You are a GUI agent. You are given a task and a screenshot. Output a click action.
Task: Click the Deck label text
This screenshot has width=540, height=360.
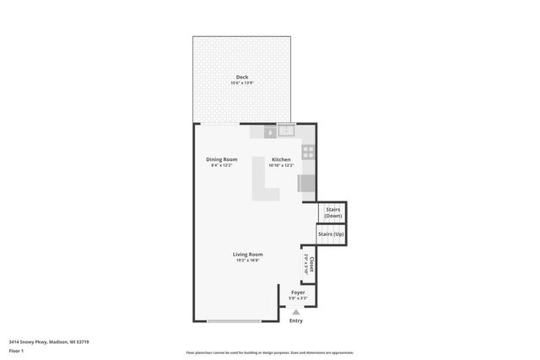click(x=242, y=77)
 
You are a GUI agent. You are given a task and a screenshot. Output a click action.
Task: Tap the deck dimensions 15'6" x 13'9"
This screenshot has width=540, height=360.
click(x=242, y=83)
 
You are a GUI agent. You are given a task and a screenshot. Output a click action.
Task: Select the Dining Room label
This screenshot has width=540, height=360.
click(x=221, y=159)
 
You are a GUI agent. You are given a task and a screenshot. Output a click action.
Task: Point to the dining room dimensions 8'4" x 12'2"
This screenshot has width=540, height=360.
click(x=221, y=165)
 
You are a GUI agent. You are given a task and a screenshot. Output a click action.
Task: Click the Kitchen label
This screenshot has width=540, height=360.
click(x=281, y=159)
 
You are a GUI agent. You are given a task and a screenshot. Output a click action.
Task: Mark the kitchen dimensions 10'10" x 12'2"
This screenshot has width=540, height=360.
click(x=281, y=165)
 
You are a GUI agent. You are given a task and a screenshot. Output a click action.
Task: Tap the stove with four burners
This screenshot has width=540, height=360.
click(x=309, y=153)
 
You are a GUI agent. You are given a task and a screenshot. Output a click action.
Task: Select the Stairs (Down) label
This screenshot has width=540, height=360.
click(x=333, y=213)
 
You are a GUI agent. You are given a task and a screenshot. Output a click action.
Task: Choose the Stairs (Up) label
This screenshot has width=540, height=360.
click(x=332, y=233)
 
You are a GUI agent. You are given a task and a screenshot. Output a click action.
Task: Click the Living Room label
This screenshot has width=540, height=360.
click(x=248, y=254)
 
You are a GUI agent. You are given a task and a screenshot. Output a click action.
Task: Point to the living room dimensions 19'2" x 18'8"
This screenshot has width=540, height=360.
click(x=248, y=261)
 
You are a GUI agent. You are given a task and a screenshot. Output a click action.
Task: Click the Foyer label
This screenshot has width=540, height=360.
click(x=298, y=292)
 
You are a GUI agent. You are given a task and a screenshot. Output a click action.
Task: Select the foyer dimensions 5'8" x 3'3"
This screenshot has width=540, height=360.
click(x=298, y=298)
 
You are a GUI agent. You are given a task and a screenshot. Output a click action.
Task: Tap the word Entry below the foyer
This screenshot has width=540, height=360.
click(x=296, y=320)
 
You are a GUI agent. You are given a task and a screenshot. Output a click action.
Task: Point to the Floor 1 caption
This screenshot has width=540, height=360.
click(x=17, y=350)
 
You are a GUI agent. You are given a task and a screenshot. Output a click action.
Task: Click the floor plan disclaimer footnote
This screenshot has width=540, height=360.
click(x=269, y=352)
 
